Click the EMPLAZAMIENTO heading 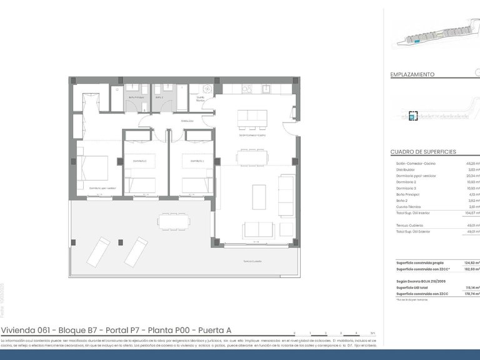pos(412,74)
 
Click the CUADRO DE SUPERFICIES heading pos(422,152)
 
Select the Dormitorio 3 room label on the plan pos(194,161)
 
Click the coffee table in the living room pos(259,196)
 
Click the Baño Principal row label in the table pos(409,194)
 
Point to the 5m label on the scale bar pos(373,333)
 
